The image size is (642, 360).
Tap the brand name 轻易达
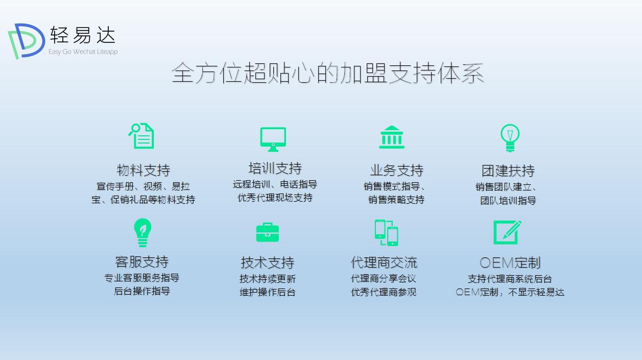coord(83,35)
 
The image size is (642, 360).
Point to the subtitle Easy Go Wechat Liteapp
coord(83,52)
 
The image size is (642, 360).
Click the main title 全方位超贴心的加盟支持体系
coord(327,73)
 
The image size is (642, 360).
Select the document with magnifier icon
coord(141,136)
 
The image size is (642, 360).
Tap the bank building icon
coord(392,137)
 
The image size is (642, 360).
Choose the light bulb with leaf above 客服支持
coord(142,233)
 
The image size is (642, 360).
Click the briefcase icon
coord(267,233)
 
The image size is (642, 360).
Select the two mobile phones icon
coord(386,232)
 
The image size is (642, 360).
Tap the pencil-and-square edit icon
coord(507,232)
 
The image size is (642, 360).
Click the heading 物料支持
coord(143,170)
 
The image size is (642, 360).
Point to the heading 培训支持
coord(275,168)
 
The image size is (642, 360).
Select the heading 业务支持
coord(397,170)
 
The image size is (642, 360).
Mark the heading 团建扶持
coord(508,170)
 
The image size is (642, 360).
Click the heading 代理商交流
coord(384,262)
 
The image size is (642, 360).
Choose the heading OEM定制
coord(510,262)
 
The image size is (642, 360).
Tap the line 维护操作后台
coord(267,292)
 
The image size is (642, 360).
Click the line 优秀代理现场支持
coord(275,198)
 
